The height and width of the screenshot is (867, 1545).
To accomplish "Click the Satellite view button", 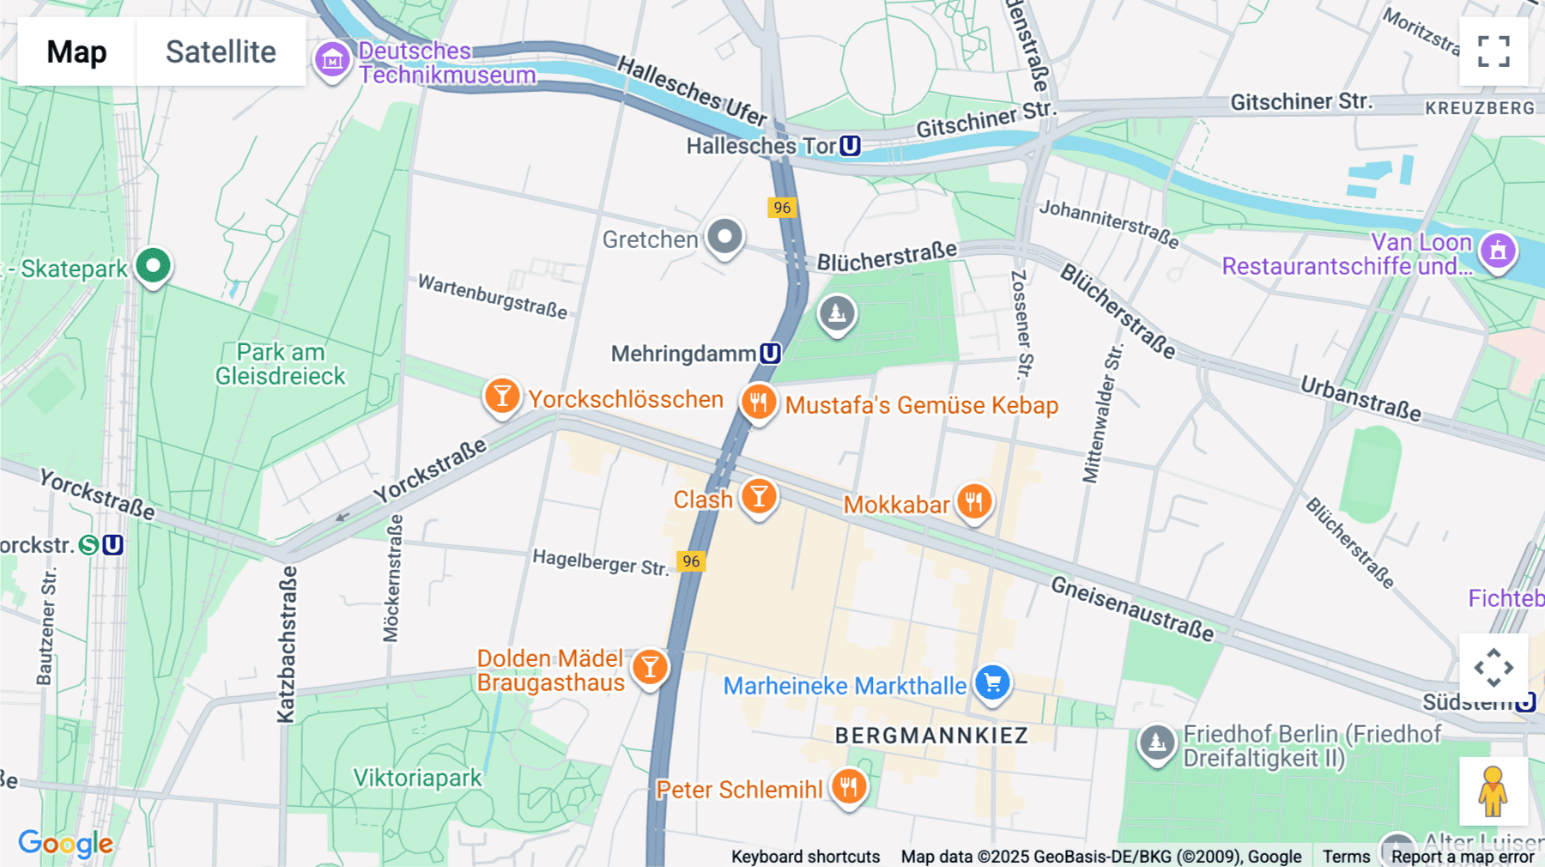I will click(221, 52).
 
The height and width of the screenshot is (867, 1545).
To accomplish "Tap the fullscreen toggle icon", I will click(1493, 52).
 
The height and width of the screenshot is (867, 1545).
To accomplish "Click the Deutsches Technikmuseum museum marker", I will click(332, 60).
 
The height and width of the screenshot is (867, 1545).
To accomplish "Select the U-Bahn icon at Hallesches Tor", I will click(850, 146).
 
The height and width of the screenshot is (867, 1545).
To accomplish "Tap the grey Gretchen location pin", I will click(725, 236).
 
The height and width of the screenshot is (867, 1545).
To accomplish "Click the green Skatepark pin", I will click(154, 266).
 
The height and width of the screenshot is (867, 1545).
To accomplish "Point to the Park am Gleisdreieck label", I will click(280, 364).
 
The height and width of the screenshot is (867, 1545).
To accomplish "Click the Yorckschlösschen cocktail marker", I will click(502, 397).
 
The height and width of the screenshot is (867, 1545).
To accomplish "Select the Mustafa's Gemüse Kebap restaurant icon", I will click(759, 401).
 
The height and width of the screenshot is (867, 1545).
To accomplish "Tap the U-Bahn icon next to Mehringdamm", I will click(770, 354).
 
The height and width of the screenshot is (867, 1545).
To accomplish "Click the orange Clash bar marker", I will click(759, 496).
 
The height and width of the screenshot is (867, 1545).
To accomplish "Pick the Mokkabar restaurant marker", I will click(974, 501).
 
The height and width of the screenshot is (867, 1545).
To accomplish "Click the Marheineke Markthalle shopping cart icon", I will click(993, 683).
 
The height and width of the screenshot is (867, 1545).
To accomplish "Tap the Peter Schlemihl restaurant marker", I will click(848, 785).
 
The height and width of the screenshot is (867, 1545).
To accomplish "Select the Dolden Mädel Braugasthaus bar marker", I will click(650, 667).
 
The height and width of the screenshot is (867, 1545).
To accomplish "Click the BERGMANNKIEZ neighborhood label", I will click(931, 736).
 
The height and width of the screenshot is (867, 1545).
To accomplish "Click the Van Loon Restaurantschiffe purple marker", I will click(1498, 251).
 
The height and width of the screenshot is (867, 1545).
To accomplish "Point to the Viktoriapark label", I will click(418, 778).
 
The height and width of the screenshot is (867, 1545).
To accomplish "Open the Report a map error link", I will click(1463, 857).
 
